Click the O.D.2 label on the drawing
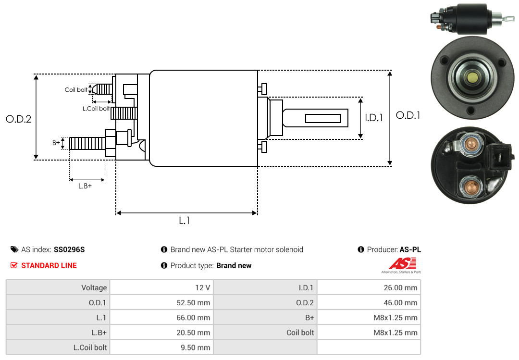[x=19, y=119]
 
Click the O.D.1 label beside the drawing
[x=408, y=115]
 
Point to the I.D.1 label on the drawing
[x=374, y=118]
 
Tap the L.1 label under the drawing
[x=185, y=221]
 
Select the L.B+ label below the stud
[x=85, y=186]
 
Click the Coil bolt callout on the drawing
[x=76, y=90]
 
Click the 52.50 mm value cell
[x=193, y=303]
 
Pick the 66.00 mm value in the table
[x=193, y=318]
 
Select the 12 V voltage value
[x=203, y=288]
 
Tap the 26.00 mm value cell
[x=400, y=288]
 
